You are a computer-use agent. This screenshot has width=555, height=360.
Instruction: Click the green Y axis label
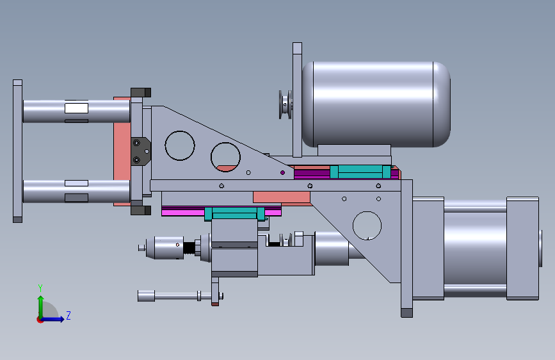40,288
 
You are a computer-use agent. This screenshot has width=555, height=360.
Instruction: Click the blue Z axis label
68,315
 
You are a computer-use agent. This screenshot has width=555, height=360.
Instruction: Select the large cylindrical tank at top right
376,104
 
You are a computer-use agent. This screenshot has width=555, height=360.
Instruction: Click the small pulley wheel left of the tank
286,104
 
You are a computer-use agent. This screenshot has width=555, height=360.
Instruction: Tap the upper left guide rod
76,111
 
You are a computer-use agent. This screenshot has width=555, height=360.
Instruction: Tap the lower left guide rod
76,192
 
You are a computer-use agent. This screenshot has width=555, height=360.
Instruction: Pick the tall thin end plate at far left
18,151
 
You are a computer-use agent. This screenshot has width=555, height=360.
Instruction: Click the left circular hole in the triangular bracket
180,145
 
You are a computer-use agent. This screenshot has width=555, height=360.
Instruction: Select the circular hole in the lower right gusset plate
367,225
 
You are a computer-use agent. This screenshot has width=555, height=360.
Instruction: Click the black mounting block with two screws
141,151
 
